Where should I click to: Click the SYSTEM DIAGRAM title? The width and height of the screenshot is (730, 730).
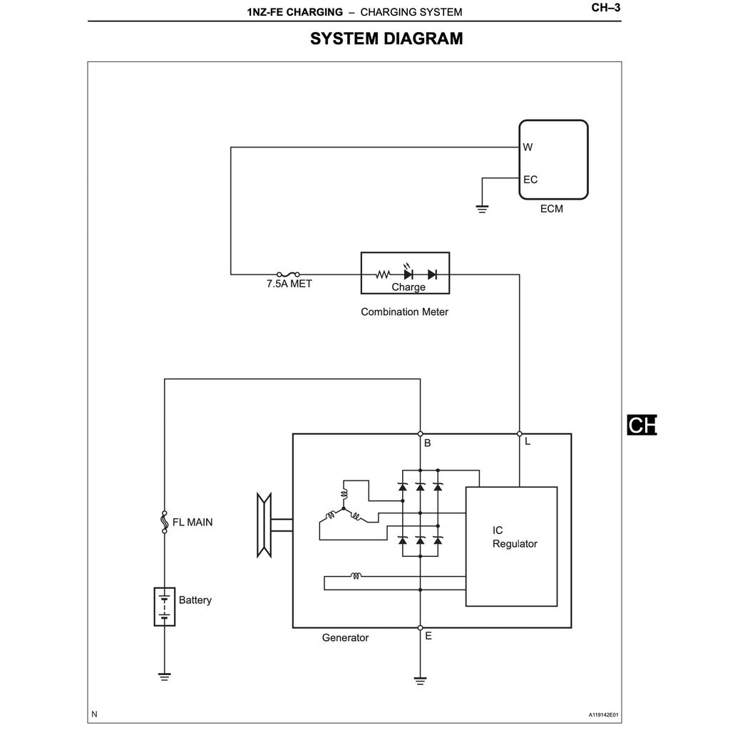pos(386,39)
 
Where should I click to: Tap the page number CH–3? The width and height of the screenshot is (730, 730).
pos(606,9)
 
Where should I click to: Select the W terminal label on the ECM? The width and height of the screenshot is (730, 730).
pos(528,148)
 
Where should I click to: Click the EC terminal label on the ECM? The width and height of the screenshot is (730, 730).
pos(530,180)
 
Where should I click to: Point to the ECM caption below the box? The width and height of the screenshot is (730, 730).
pos(551,210)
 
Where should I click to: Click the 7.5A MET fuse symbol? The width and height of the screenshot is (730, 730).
pos(288,274)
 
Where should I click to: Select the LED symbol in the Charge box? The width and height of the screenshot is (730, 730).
pos(408,274)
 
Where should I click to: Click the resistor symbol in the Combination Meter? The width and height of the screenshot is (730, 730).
pos(384,274)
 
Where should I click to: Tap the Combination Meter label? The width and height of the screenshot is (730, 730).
pos(404,312)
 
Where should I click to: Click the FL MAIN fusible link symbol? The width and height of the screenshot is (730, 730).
pos(165,523)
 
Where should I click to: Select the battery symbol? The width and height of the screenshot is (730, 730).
pos(165,606)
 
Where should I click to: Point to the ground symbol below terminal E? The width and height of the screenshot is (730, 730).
pos(420,680)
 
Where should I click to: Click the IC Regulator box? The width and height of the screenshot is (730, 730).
pos(511,546)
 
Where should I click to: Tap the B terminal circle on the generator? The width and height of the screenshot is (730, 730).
pos(420,433)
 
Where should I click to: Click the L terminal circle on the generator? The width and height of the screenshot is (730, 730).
pos(519,433)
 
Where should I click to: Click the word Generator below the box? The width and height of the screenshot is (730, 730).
pos(345,638)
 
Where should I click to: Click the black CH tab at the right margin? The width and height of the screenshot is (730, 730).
pos(641,425)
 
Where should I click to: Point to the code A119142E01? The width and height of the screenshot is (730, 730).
pos(603,714)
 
